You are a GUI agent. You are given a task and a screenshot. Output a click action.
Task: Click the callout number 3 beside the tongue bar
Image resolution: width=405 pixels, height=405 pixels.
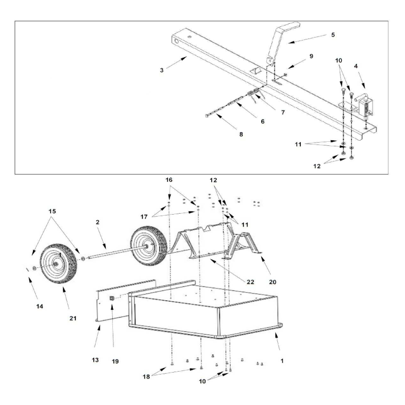click(x=161, y=70)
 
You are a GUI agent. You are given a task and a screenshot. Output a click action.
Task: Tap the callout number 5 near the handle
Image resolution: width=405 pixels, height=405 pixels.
click(x=332, y=35)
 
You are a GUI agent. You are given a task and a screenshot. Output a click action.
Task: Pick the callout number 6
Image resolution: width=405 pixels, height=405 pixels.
click(x=281, y=112)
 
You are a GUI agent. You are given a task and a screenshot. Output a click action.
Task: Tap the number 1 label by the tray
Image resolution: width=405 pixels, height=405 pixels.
click(x=282, y=361)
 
